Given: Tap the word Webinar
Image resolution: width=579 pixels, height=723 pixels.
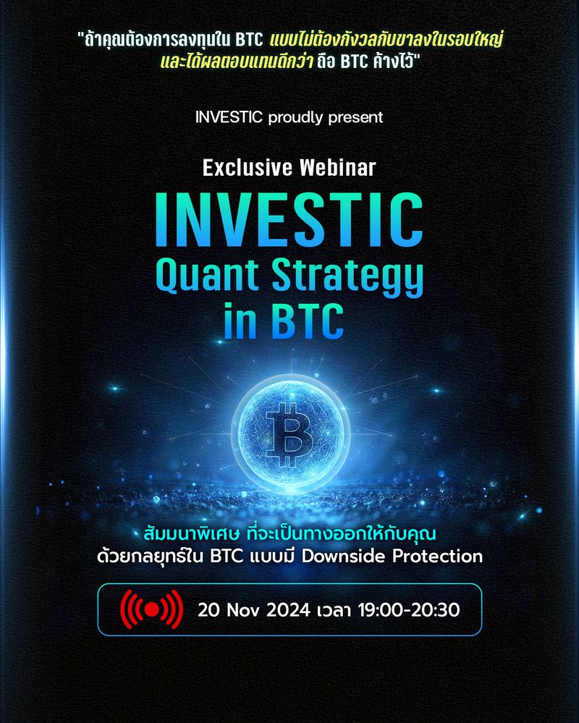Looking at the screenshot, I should point(337,168).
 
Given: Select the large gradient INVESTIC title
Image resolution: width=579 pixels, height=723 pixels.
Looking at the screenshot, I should point(289,217).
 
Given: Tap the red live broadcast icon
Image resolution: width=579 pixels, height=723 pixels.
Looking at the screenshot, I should point(151,610).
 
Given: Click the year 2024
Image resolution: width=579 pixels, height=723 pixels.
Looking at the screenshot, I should point(295,610).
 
